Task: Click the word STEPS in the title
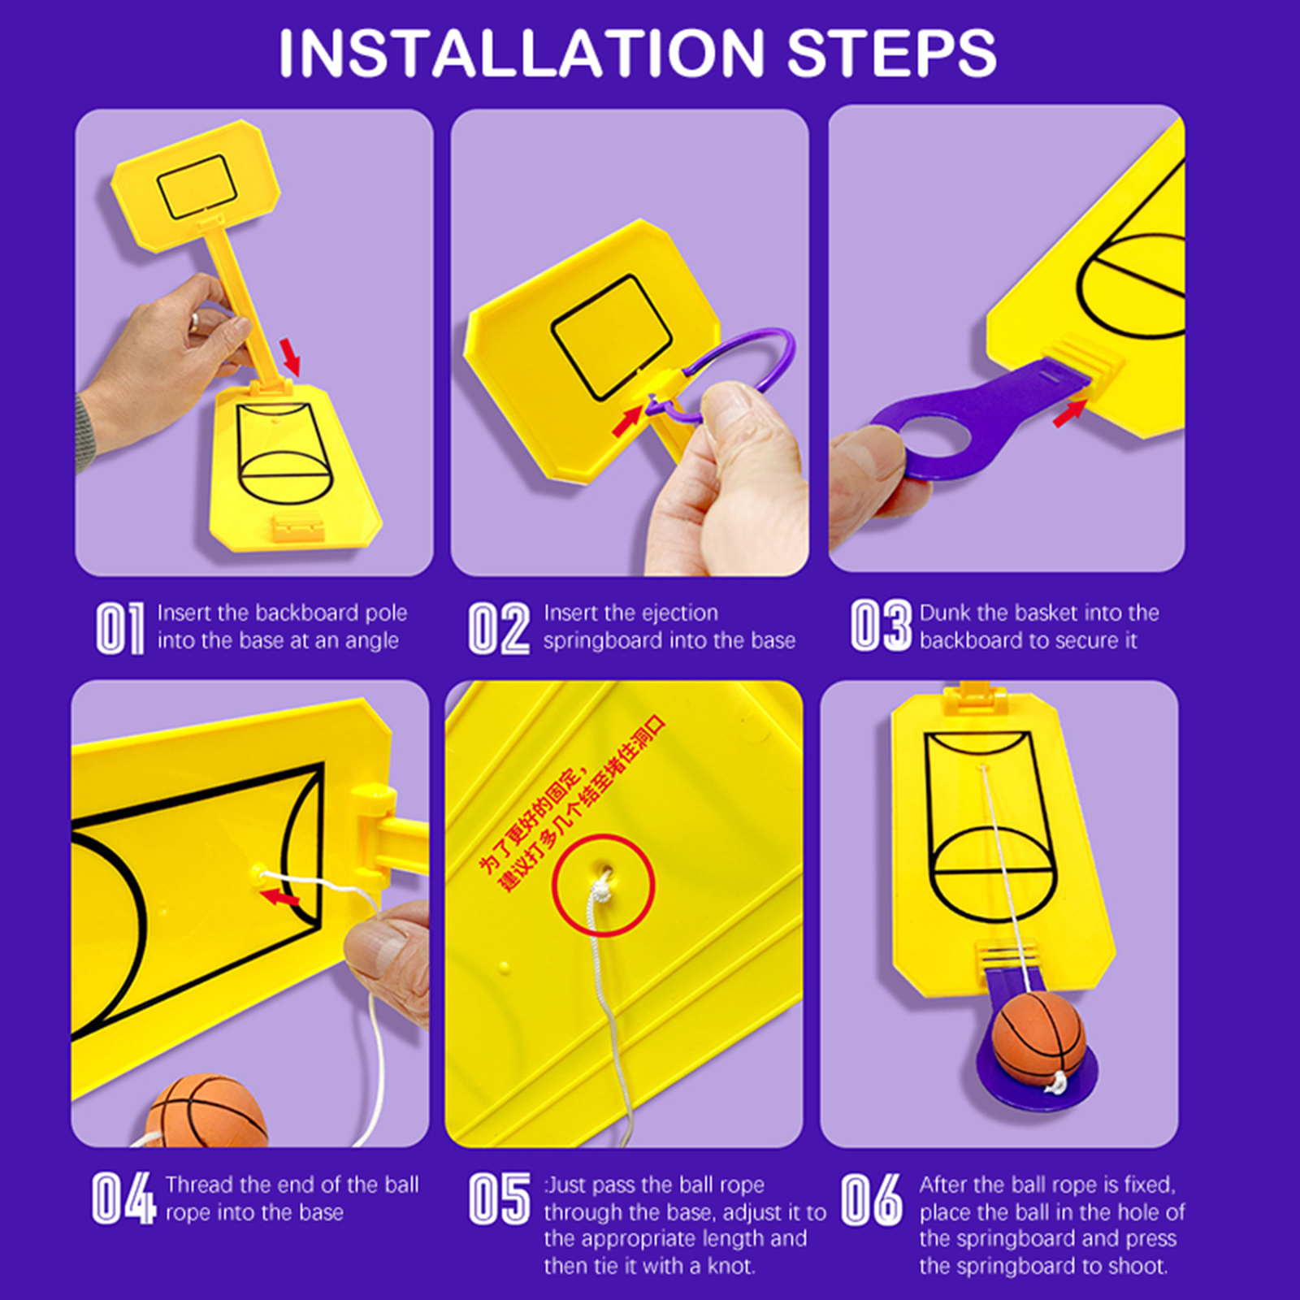click(891, 54)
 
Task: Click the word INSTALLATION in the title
click(521, 54)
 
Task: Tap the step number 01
click(120, 627)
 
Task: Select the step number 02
click(499, 627)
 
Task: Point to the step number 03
click(881, 626)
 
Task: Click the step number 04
click(123, 1198)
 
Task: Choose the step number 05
click(500, 1198)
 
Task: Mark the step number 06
click(871, 1198)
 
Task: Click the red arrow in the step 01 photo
click(290, 357)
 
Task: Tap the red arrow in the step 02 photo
click(628, 421)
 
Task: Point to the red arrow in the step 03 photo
click(1069, 413)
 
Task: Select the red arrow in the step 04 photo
click(280, 896)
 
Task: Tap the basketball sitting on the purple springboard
click(1038, 1037)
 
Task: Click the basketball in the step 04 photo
click(206, 1111)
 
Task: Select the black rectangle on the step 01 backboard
click(197, 186)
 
